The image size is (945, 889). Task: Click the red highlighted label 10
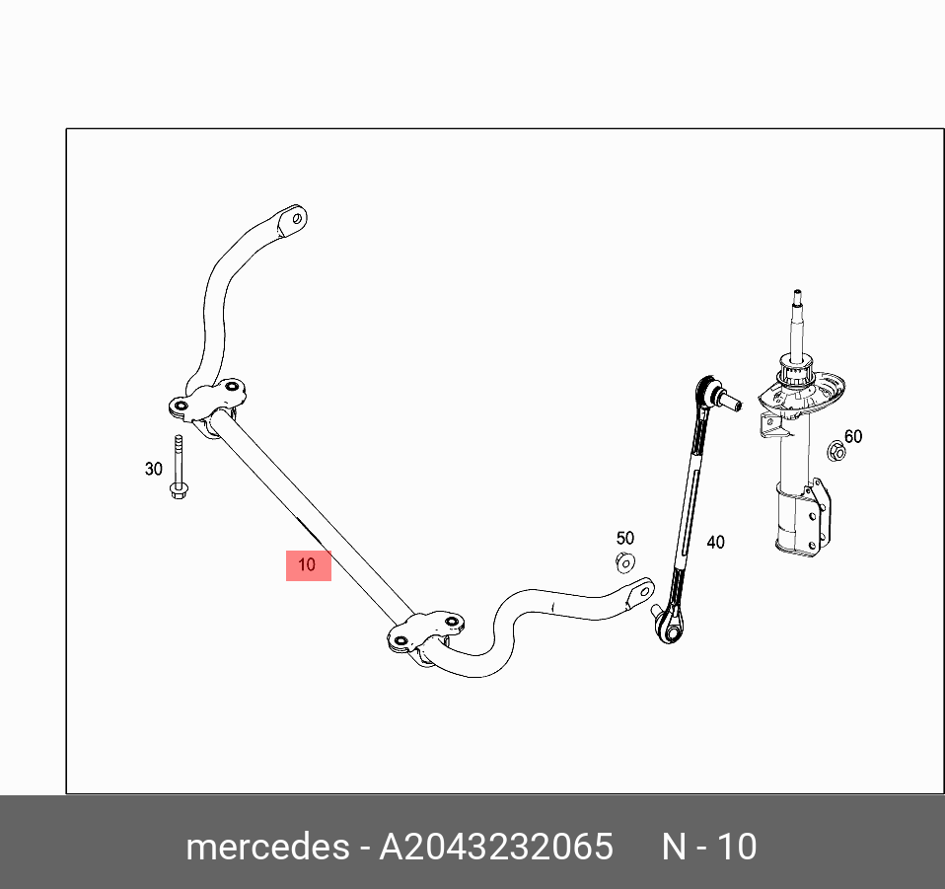click(308, 565)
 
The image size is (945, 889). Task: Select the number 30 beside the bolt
click(154, 469)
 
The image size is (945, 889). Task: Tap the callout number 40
click(715, 542)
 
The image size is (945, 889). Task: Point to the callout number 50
click(625, 539)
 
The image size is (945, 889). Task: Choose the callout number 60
click(853, 436)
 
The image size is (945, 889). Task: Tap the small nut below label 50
click(624, 562)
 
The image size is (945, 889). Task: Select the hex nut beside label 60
click(836, 452)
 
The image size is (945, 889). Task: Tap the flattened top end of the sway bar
click(291, 219)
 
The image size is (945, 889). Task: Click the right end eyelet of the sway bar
click(642, 592)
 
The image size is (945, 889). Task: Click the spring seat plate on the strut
click(804, 395)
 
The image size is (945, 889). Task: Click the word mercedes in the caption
click(266, 847)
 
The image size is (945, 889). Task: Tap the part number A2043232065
click(496, 847)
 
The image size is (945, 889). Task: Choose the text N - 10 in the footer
click(708, 847)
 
